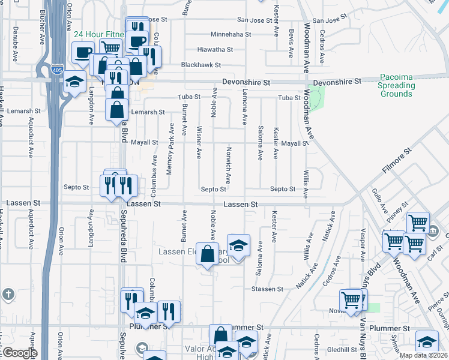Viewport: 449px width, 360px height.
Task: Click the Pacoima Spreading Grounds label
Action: point(396,86)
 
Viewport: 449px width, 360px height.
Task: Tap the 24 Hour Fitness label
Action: point(99,35)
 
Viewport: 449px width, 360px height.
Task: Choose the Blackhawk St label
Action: point(202,65)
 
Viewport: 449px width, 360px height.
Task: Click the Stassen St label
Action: point(267,289)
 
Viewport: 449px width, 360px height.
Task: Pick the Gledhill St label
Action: point(342,349)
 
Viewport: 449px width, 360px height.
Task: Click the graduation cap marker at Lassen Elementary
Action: point(238,245)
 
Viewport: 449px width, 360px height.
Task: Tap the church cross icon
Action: point(8,294)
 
